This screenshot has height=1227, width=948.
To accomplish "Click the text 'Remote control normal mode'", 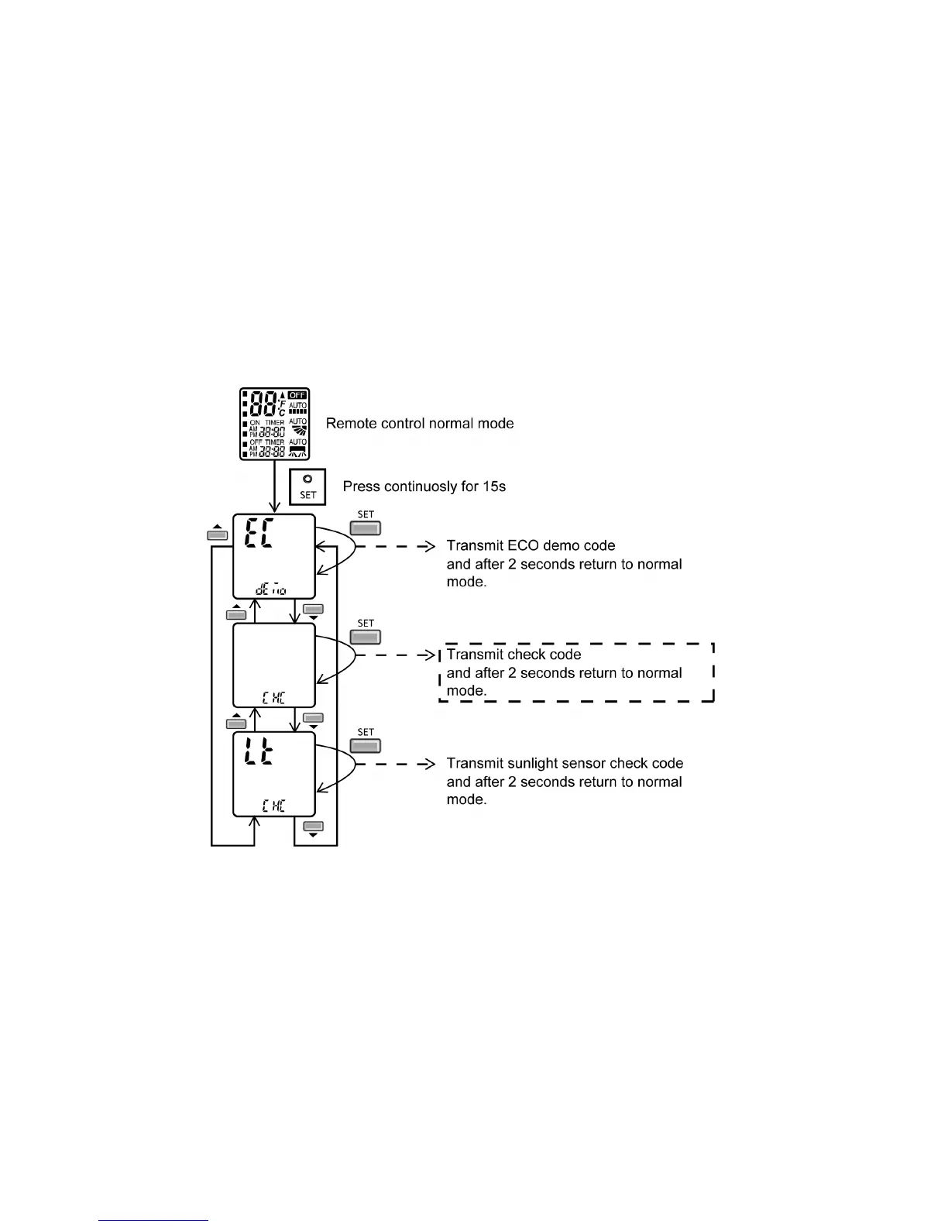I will coord(420,423).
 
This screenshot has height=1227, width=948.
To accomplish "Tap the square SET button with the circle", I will coord(307,486).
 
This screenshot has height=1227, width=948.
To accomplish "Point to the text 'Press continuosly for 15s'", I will coord(424,486).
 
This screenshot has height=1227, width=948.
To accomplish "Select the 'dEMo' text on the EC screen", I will coord(271,589).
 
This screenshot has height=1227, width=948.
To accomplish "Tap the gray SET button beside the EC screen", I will coord(366,528).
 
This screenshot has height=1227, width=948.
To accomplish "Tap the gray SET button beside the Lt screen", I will coord(366,746).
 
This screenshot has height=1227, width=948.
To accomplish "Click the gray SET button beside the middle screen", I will coord(366,637).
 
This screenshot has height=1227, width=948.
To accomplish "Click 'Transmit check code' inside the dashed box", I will coord(513,655).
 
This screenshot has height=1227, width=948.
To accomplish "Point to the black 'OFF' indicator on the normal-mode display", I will coord(297,395).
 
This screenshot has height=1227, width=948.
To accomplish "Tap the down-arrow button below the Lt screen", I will coord(313,827).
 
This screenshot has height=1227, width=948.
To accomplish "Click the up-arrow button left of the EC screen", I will coord(217,533).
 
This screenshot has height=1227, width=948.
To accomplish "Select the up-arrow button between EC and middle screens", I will coord(236,613).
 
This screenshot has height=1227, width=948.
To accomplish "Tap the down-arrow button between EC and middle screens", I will coord(313,610).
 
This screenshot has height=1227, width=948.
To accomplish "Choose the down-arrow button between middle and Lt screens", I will coord(313,720).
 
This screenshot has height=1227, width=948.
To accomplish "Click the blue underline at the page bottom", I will coord(154,1220).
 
